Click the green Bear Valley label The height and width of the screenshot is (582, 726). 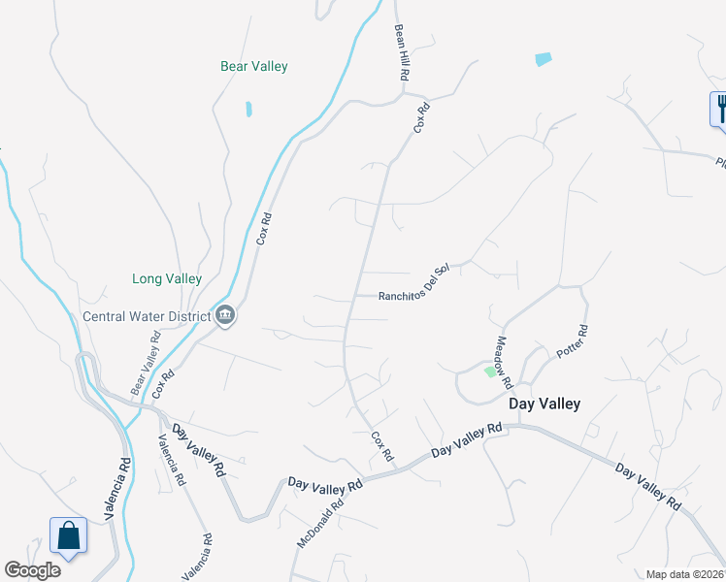(254, 67)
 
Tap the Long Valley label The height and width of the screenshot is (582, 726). (167, 278)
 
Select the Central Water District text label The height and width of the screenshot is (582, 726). (147, 316)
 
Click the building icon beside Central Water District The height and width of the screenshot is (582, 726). (225, 315)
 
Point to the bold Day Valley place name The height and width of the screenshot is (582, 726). (545, 404)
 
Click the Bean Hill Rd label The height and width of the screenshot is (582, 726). (402, 52)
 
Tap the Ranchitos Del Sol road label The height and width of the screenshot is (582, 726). (415, 288)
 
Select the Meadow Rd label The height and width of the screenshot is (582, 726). (503, 356)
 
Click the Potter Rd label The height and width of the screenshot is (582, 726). (574, 341)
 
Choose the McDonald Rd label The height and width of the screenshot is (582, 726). (321, 521)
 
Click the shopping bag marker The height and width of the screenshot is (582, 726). (69, 536)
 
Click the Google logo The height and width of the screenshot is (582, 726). (32, 570)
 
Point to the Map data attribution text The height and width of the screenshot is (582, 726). (685, 574)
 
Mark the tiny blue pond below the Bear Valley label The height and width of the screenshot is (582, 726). (249, 109)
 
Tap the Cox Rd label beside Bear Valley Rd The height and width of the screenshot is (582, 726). (163, 384)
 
